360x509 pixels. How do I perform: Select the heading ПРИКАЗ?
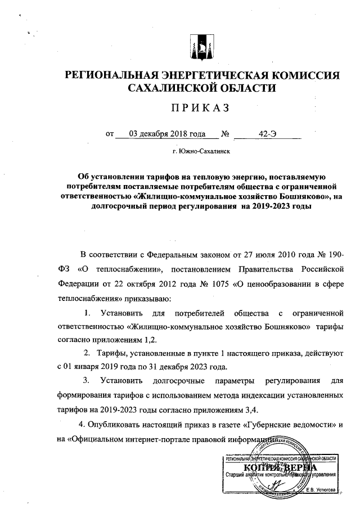[202, 109]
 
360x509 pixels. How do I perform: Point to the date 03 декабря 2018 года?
[167, 134]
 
